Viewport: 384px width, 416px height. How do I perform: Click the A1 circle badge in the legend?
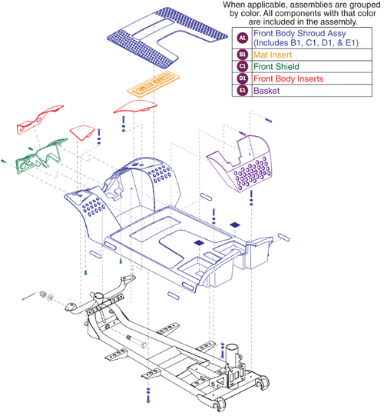pyautogui.click(x=242, y=37)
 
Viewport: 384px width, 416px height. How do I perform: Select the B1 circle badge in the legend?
pyautogui.click(x=242, y=54)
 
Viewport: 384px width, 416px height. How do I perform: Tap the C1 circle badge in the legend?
pyautogui.click(x=242, y=66)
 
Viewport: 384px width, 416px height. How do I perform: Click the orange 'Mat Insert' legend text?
pyautogui.click(x=276, y=54)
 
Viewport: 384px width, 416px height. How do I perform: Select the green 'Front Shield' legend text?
pyautogui.click(x=280, y=66)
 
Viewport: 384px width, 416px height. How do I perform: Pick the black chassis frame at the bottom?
pyautogui.click(x=161, y=338)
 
